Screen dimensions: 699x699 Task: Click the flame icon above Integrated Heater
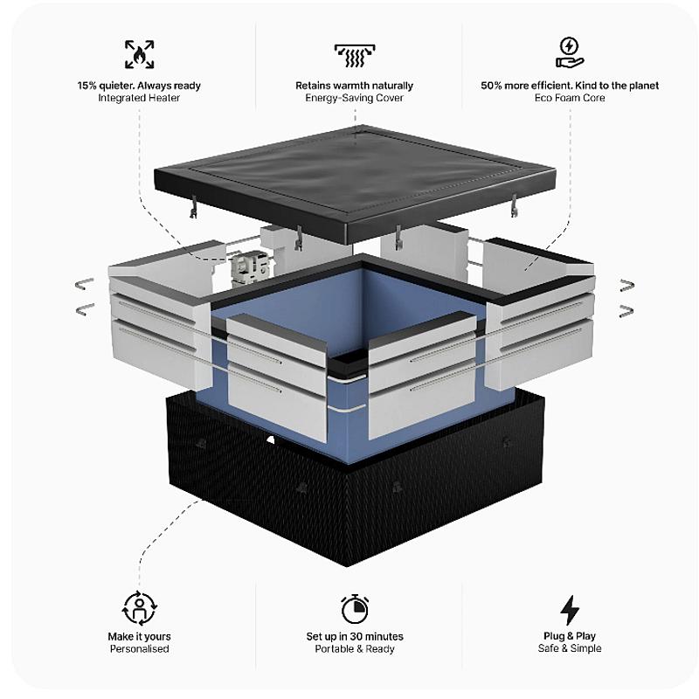[138, 54]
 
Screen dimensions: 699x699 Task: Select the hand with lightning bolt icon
[570, 52]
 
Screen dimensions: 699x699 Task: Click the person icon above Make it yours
[138, 607]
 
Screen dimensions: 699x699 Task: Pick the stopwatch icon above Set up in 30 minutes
[355, 608]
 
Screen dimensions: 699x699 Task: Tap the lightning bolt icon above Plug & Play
[570, 609]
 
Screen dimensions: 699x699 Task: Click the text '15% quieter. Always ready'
[138, 86]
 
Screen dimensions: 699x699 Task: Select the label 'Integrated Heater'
[138, 98]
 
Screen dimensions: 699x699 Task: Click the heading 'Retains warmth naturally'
[354, 86]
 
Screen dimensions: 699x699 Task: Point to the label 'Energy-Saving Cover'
[354, 98]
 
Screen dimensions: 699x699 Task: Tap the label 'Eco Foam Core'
[570, 98]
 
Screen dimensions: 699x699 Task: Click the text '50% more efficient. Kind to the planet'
[570, 86]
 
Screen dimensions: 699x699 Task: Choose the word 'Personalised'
[139, 649]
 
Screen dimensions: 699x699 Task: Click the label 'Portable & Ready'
[355, 649]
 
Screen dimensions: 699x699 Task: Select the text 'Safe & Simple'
[570, 648]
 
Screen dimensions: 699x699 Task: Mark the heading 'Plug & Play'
[570, 636]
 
